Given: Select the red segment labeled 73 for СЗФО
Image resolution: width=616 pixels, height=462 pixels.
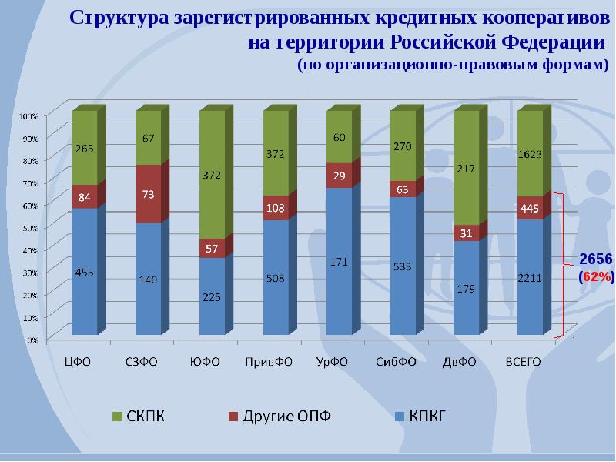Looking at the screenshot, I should click(148, 193).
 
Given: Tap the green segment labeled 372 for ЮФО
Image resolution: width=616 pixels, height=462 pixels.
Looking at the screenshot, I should click(212, 176).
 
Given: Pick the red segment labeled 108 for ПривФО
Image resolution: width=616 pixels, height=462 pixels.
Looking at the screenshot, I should click(276, 208).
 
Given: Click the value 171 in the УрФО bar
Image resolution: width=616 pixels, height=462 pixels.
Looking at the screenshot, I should click(339, 263).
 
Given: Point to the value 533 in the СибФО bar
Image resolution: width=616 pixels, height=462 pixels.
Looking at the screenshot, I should click(403, 267).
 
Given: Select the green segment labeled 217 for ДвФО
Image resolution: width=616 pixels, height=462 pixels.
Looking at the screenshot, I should click(466, 169).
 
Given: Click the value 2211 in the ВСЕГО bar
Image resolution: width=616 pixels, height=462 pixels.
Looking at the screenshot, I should click(530, 279).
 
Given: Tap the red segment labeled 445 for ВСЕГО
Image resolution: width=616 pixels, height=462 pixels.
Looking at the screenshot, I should click(530, 208).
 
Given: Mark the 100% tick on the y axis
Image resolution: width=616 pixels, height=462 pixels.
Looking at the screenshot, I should click(28, 116).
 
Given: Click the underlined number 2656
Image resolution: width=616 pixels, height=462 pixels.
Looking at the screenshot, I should click(595, 259).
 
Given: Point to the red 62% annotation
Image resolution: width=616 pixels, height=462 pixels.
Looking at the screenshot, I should click(597, 275).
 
